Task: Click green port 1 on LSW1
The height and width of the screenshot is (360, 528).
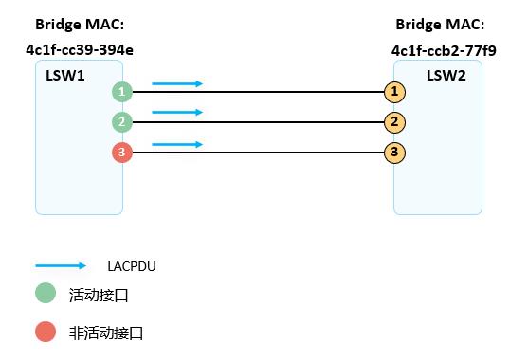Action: pos(121,92)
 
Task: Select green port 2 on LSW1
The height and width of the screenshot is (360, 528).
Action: pos(121,122)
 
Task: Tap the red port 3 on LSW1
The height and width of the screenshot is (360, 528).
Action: pos(121,152)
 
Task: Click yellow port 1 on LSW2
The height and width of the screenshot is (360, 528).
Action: pos(395,92)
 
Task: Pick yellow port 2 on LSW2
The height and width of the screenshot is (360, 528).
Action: pos(395,122)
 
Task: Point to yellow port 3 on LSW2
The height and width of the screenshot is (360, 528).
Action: pos(395,152)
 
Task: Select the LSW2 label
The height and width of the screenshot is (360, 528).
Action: pos(445,74)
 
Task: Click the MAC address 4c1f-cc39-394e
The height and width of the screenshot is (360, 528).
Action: pos(79,47)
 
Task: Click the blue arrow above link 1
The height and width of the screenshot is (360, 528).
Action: pos(177,84)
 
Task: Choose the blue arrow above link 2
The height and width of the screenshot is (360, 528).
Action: pos(177,113)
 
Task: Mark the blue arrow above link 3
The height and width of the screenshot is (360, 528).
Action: pos(177,144)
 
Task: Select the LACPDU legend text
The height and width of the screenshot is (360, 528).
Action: pos(131,266)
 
